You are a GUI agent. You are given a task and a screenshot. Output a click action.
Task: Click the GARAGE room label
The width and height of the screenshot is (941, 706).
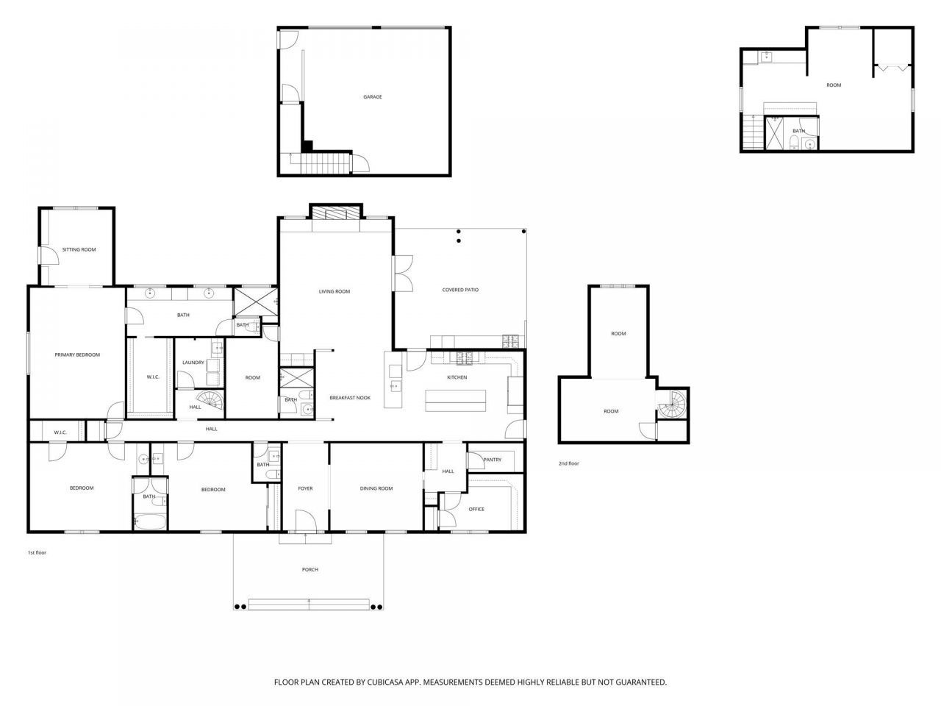373,97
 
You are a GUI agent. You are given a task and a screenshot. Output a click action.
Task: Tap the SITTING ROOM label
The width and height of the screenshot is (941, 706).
79,250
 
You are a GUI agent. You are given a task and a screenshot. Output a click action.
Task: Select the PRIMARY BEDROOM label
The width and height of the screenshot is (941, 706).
77,355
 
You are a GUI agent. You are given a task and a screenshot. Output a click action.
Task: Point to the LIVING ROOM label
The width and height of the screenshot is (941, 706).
334,292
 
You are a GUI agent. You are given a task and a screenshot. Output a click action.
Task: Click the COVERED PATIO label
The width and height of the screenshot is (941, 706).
460,290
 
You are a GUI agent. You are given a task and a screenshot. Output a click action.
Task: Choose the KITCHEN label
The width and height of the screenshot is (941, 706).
457,378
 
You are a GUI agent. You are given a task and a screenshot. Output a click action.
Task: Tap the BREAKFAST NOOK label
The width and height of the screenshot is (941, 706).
350,398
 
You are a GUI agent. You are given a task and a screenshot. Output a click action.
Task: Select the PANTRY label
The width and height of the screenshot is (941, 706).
493,460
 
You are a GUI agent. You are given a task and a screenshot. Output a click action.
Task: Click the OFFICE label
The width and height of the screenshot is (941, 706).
476,510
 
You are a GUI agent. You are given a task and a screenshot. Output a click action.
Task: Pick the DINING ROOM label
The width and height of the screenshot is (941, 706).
376,488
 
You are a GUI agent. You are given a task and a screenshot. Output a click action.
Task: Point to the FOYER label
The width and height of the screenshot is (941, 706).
305,488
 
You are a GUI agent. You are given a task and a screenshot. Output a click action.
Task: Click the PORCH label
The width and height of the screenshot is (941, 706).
310,570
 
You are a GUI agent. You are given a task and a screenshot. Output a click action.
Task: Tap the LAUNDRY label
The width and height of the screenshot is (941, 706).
193,363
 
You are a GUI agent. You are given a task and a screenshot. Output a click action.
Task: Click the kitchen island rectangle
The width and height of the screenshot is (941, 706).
456,400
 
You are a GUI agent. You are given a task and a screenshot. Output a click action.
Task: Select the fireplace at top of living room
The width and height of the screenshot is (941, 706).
336,213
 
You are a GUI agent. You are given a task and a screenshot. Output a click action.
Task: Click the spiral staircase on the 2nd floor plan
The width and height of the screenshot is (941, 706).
673,404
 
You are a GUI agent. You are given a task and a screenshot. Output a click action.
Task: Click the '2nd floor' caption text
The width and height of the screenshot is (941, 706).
569,464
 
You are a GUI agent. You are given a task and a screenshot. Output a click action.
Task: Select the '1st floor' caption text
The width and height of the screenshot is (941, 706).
37,552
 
